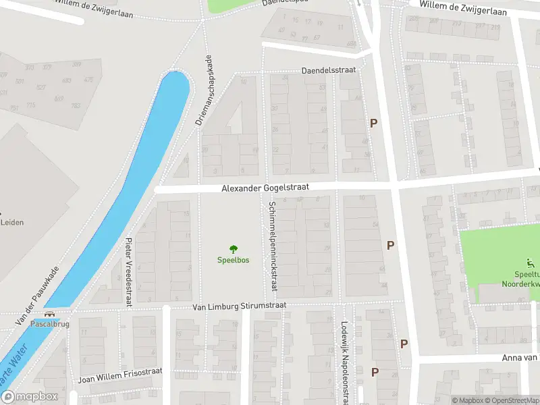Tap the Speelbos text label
pyautogui.click(x=233, y=260)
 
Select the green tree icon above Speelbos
pyautogui.click(x=234, y=249)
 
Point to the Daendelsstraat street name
pyautogui.click(x=328, y=70)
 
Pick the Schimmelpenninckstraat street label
pyautogui.click(x=273, y=246)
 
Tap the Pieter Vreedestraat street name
pyautogui.click(x=128, y=270)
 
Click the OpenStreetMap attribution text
pyautogui.click(x=514, y=401)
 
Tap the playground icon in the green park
pyautogui.click(x=530, y=264)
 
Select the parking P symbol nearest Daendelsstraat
pyautogui.click(x=373, y=124)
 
